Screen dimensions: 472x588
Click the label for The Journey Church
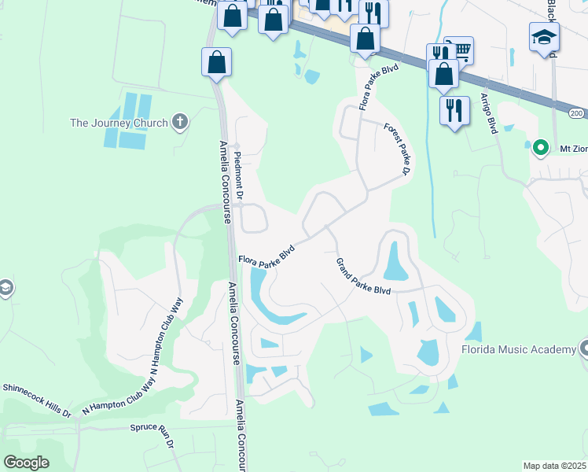[x=119, y=123]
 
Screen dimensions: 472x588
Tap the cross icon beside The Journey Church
[x=181, y=122]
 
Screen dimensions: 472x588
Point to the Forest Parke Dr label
[x=398, y=149]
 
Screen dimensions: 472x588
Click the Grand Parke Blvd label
[x=362, y=277]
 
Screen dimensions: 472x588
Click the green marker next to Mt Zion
[x=540, y=147]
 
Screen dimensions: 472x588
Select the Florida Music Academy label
[x=518, y=349]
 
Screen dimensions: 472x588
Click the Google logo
[x=27, y=462]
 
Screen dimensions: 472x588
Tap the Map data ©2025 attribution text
[x=554, y=466]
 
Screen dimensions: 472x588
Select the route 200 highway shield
[x=578, y=114]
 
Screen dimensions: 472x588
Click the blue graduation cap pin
[x=544, y=38]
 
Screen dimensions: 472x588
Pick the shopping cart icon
[x=459, y=50]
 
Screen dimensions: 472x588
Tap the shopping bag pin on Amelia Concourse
[x=217, y=62]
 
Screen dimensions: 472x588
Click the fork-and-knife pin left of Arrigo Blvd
[x=454, y=109]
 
